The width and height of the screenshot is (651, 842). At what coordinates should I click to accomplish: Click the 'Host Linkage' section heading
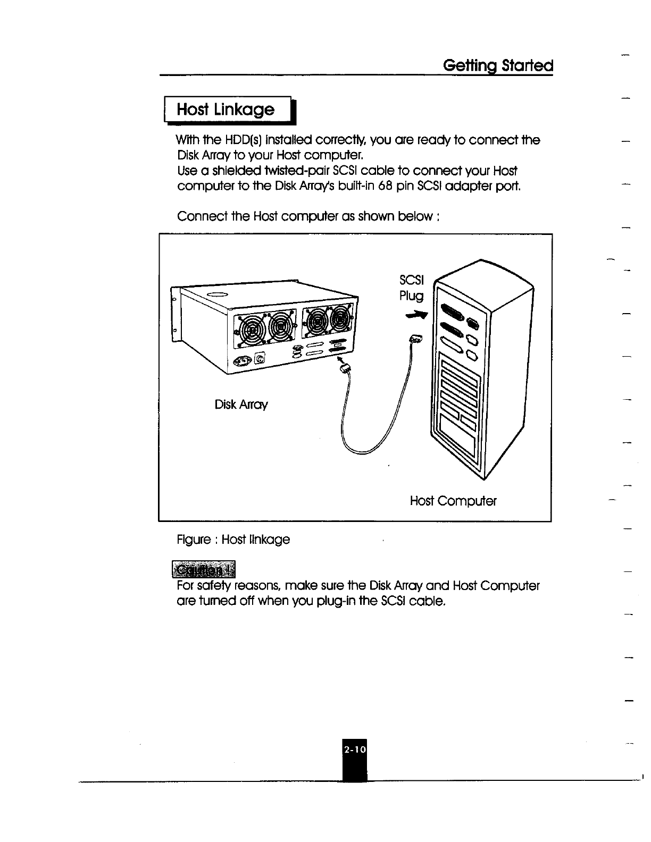[226, 110]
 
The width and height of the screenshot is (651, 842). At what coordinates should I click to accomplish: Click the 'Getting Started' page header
[498, 66]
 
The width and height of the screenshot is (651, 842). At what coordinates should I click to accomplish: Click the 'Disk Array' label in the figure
[241, 405]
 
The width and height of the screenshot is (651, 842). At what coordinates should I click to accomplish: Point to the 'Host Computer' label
[453, 501]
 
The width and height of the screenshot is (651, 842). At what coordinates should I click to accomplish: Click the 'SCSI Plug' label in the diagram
[411, 288]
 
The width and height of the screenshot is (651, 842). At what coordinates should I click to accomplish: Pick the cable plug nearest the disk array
[345, 367]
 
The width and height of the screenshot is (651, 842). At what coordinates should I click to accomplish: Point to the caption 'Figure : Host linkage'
[233, 540]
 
